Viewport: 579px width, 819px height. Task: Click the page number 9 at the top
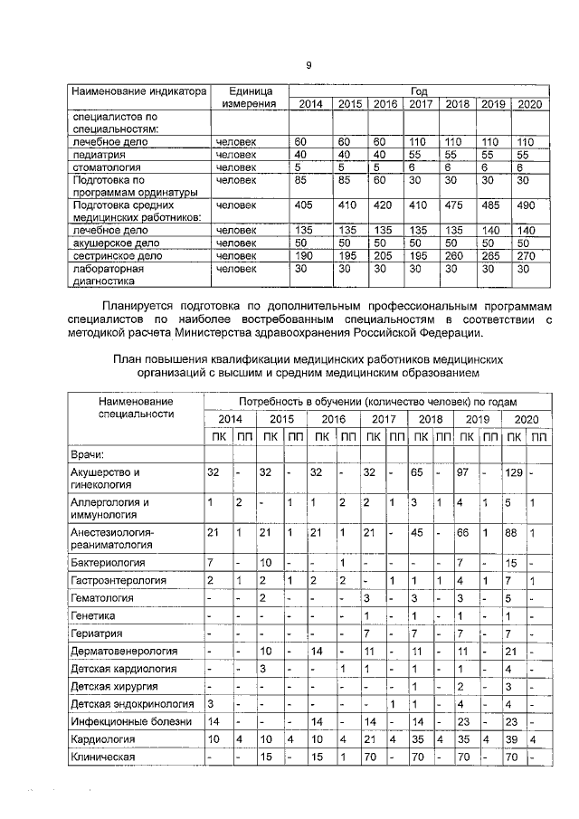[x=308, y=64]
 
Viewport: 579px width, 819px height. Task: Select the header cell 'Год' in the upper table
[x=419, y=91]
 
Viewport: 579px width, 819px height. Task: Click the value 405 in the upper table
[x=304, y=205]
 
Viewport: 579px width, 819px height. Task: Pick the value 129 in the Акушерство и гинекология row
[x=514, y=472]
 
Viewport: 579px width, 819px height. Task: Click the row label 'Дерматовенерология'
[x=123, y=651]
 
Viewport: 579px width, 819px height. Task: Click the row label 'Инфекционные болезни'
[x=129, y=721]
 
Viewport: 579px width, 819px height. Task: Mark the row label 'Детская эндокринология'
[x=131, y=703]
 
